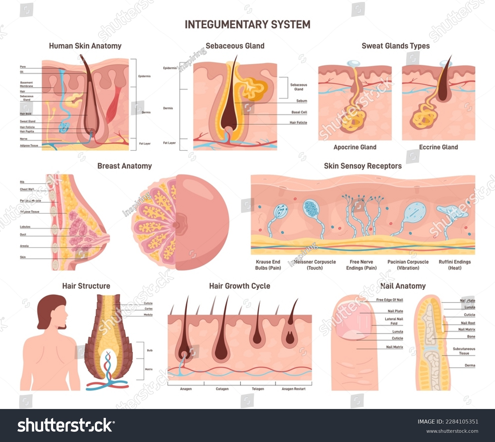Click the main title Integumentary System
(x=247, y=24)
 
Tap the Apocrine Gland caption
(x=355, y=147)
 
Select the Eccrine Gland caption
(x=438, y=147)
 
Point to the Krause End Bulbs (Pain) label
(x=268, y=265)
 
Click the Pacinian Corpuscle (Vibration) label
(x=408, y=265)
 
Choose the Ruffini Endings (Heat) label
(x=455, y=265)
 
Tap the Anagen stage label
(x=186, y=389)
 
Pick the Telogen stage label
(x=258, y=389)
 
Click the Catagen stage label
(x=222, y=389)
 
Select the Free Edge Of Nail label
(x=389, y=300)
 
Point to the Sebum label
(x=302, y=101)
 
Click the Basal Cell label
(x=299, y=112)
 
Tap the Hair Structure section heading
(x=86, y=286)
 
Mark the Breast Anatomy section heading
(x=124, y=166)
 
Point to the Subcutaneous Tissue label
(x=464, y=351)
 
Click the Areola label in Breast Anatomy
(x=24, y=246)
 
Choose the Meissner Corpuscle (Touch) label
(x=315, y=265)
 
